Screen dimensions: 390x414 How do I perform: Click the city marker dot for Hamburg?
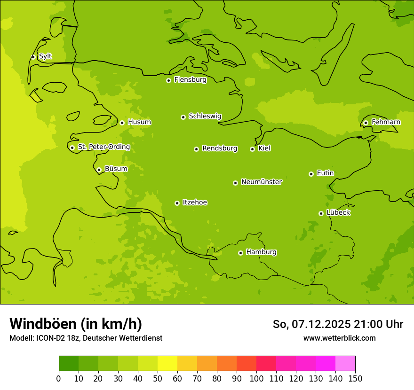(x=240, y=253)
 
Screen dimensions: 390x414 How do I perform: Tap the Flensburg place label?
(x=190, y=80)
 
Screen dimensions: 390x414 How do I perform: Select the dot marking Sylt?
(x=33, y=57)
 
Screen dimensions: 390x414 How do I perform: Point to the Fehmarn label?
(x=386, y=122)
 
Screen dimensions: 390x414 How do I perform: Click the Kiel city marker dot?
(x=252, y=149)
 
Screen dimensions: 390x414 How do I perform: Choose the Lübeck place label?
(x=338, y=213)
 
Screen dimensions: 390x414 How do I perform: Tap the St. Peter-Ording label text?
(x=103, y=147)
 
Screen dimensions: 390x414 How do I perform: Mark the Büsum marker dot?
(x=99, y=170)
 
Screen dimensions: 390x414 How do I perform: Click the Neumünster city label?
(x=261, y=182)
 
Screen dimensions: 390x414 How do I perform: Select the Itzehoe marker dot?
(x=177, y=203)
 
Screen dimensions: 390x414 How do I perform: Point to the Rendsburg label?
(x=219, y=148)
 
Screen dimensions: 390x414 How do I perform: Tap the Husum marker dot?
(x=122, y=123)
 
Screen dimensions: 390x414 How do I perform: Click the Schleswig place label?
(x=205, y=116)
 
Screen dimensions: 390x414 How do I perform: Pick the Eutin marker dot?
(x=311, y=174)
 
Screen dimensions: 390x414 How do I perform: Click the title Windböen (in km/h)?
(x=76, y=324)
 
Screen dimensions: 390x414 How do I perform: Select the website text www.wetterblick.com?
(x=339, y=338)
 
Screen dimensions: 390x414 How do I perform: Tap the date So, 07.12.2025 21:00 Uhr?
(x=338, y=324)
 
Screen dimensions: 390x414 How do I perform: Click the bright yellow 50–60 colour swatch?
(x=167, y=364)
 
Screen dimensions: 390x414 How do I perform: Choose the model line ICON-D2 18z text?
(x=86, y=338)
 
